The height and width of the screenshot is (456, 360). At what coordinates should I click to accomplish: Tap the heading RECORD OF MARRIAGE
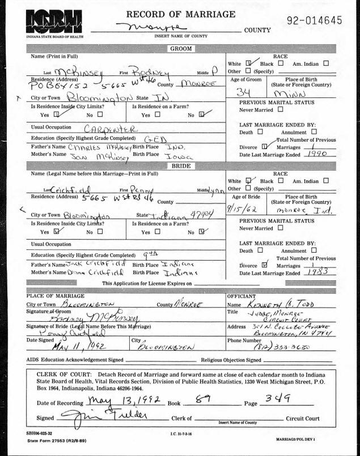coord(180,14)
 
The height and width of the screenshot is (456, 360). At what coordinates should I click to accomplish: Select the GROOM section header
coord(180,50)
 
